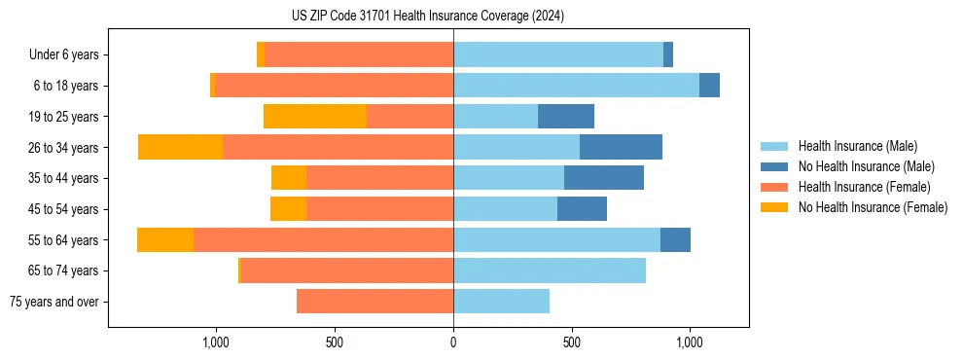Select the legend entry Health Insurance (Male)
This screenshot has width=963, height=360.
[x=857, y=146]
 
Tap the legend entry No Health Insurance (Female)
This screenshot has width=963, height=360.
[x=872, y=207]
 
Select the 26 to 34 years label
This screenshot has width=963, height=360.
[x=64, y=148]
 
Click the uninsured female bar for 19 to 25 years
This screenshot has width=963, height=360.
[x=315, y=117]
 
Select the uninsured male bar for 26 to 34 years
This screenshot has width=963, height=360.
[x=621, y=147]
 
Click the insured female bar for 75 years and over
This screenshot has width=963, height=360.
[x=374, y=302]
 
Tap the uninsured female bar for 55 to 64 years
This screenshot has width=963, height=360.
[x=165, y=240]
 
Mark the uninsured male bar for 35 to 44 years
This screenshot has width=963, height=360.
[x=604, y=178]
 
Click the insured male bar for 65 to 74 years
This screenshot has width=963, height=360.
[x=550, y=270]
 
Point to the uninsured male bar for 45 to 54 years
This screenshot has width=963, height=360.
[x=582, y=209]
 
